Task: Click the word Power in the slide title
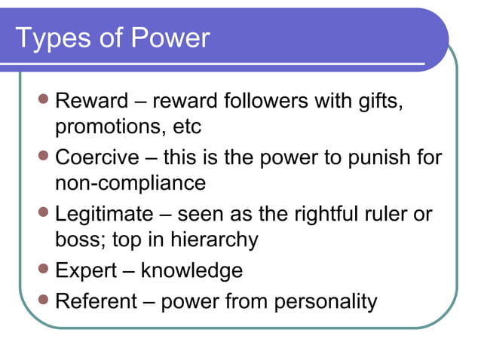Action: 167,38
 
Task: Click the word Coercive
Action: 97,157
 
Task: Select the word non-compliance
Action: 130,183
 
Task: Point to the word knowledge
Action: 191,270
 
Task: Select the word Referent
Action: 97,301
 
